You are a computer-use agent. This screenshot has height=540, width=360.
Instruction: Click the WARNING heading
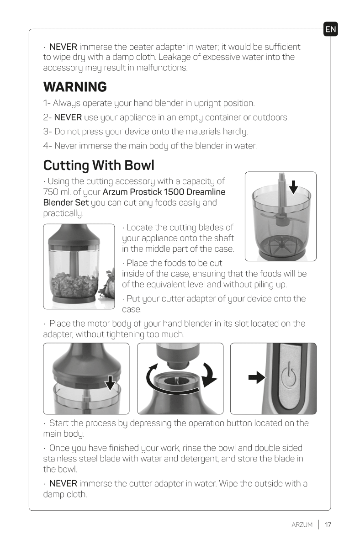point(75,86)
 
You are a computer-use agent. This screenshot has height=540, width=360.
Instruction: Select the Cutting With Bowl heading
point(99,164)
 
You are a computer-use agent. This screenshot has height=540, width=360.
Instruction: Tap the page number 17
point(328,524)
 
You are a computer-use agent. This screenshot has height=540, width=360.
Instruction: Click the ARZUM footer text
point(302,524)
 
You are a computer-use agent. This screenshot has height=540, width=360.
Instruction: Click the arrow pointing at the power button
point(257,377)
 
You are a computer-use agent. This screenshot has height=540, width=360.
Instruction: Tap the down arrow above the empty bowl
point(294,186)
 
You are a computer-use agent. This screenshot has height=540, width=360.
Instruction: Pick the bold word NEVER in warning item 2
point(68,117)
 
